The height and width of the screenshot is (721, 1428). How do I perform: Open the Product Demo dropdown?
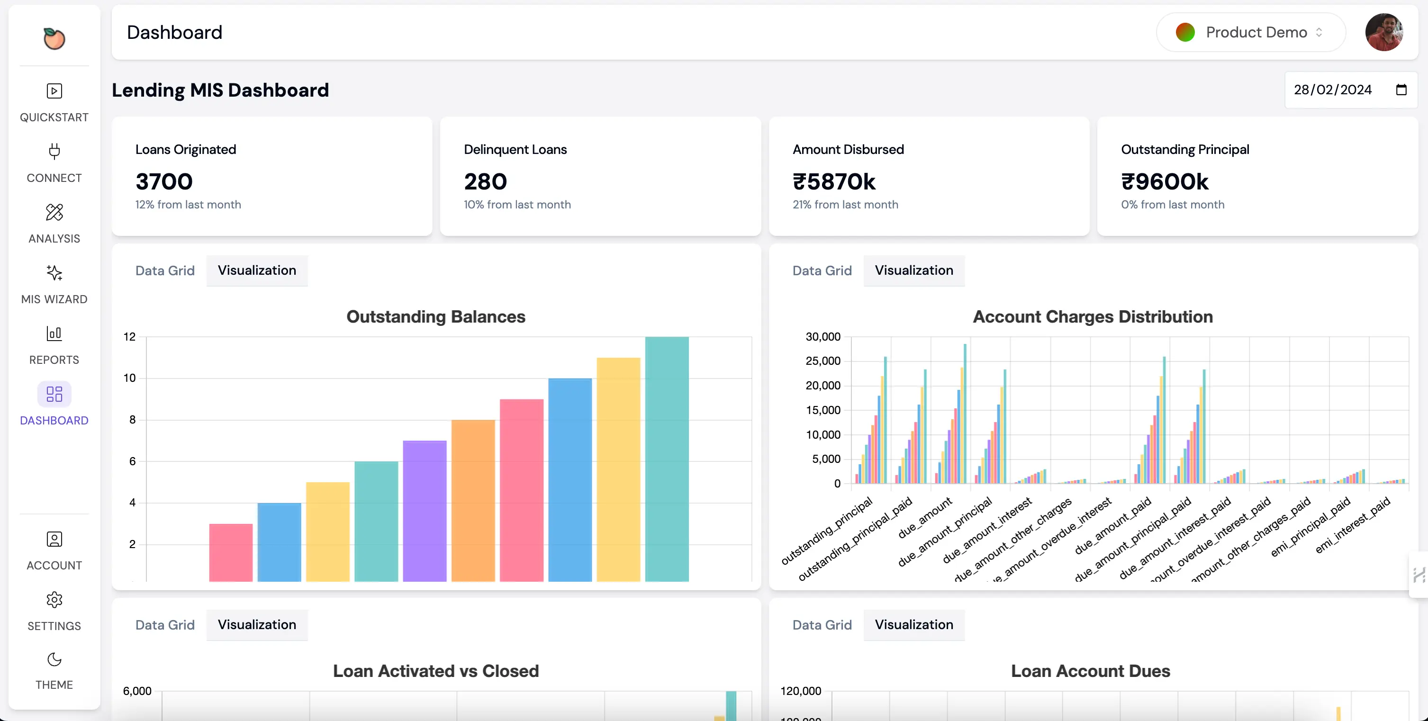tap(1251, 32)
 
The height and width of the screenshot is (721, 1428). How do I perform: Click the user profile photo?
tap(1383, 32)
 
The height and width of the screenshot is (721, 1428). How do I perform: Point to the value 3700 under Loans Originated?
tap(164, 182)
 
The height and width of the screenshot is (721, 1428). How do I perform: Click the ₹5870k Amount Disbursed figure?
tap(834, 182)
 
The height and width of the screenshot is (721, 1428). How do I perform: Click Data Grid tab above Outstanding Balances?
tap(164, 270)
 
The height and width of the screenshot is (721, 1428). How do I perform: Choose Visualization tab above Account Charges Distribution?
tap(913, 270)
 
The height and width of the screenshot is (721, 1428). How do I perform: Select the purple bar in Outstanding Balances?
tap(425, 510)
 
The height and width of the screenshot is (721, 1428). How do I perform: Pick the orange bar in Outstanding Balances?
tap(473, 499)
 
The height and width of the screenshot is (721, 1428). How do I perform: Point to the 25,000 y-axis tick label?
tap(822, 361)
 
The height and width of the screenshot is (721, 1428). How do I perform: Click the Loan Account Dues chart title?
tap(1090, 671)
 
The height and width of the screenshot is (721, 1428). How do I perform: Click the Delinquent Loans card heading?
tap(515, 150)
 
